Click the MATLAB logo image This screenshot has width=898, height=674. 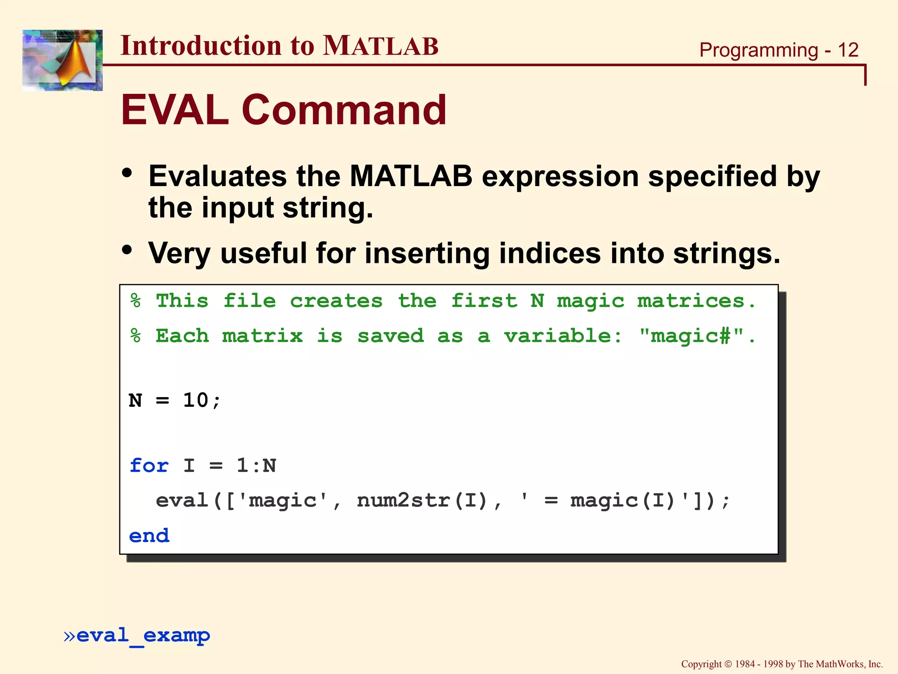[62, 60]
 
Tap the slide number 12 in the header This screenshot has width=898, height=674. [848, 50]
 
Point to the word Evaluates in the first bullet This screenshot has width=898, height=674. [217, 176]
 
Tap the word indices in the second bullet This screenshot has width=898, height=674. [549, 253]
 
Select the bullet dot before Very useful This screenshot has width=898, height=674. [127, 250]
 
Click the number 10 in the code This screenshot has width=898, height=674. [196, 400]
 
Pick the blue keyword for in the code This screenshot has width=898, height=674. [149, 466]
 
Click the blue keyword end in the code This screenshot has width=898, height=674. [149, 536]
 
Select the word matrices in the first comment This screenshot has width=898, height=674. [691, 301]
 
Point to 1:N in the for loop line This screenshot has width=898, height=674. [257, 466]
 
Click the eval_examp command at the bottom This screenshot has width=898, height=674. [143, 636]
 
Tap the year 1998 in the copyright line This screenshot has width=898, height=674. [773, 664]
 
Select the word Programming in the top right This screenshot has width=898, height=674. [759, 50]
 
